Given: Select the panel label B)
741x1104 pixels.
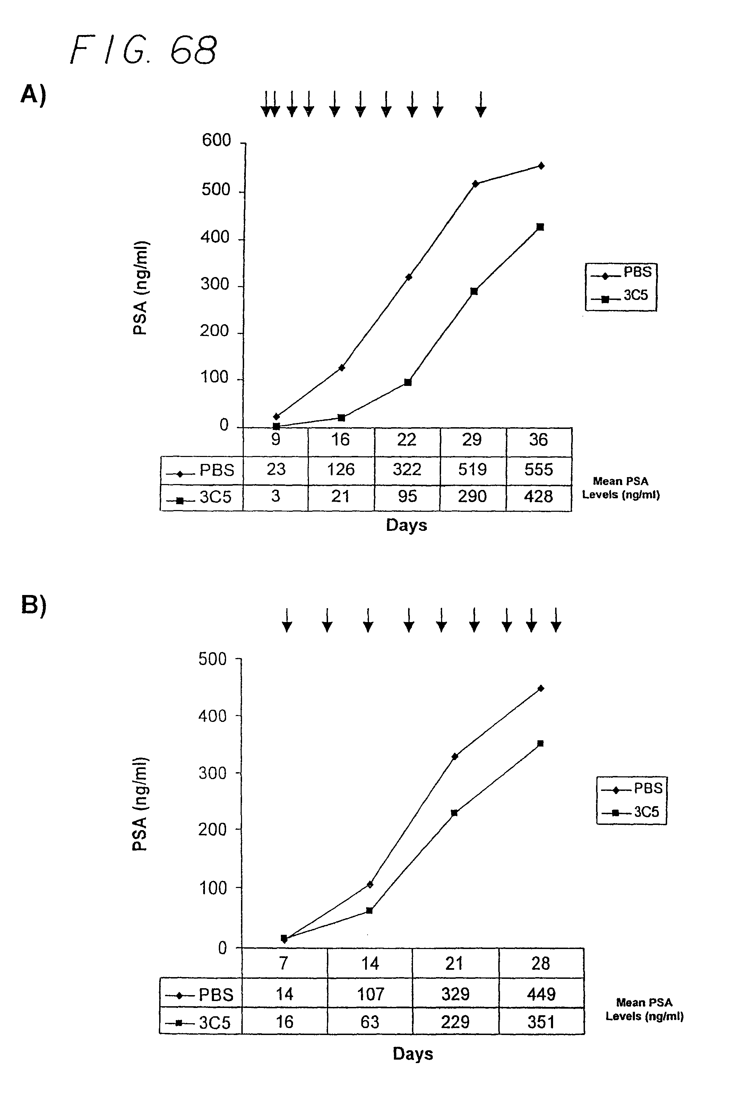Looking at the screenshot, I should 34,605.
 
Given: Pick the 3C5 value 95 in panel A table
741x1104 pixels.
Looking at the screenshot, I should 407,497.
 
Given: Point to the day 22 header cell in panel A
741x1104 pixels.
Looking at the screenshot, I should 406,440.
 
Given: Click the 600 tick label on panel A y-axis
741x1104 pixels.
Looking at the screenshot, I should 216,140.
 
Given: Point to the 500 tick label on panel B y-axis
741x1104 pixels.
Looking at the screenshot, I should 213,659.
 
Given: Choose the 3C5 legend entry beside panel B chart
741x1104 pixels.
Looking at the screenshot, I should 631,812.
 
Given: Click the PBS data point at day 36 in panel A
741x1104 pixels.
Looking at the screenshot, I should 541,166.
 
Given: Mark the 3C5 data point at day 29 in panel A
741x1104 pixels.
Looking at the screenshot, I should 474,291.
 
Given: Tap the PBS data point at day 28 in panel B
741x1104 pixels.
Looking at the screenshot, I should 541,688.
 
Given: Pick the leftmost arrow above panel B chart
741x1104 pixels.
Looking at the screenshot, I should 287,620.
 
